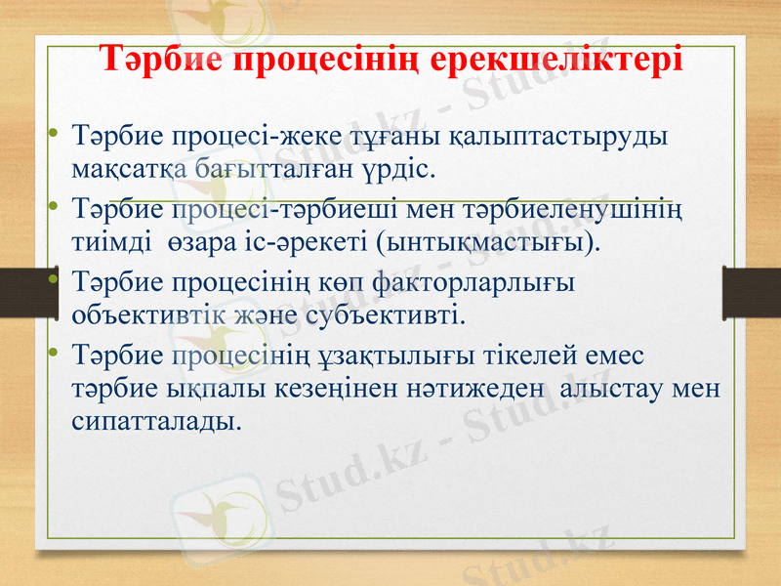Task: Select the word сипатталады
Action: (x=154, y=421)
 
